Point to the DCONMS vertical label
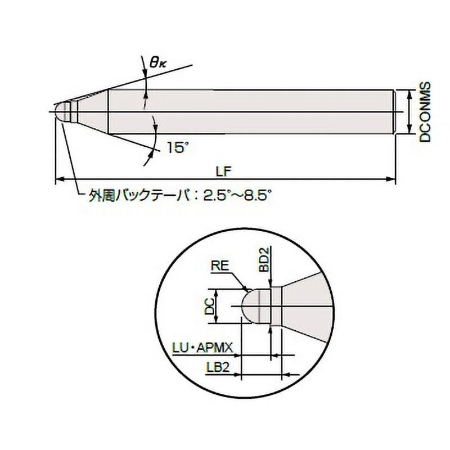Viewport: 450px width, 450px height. click(425, 112)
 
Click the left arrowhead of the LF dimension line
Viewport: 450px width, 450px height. click(59, 180)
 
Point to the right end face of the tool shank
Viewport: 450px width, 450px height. click(396, 112)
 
